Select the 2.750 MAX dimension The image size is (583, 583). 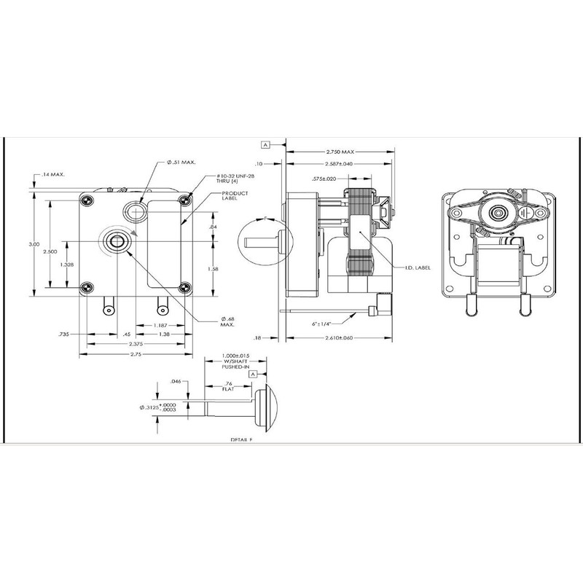pyautogui.click(x=340, y=152)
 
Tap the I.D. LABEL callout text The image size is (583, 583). pyautogui.click(x=418, y=267)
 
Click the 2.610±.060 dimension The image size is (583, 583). pyautogui.click(x=341, y=339)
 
